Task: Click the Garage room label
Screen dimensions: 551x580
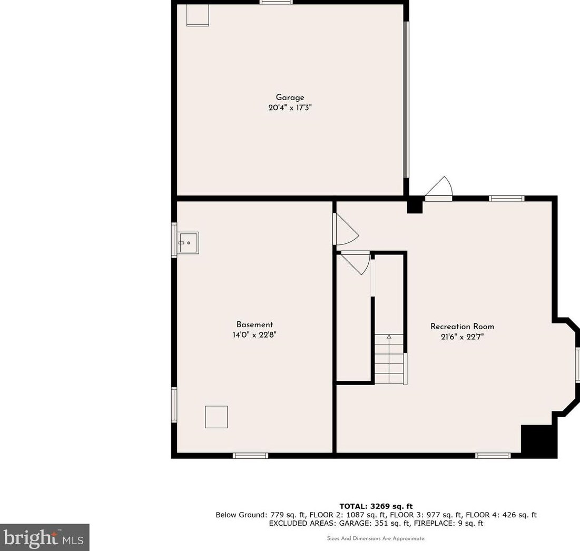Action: tap(290, 97)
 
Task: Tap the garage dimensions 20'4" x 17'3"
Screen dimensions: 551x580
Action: tap(290, 107)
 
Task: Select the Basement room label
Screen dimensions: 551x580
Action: tap(254, 325)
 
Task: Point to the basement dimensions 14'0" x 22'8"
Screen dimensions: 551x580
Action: tap(254, 335)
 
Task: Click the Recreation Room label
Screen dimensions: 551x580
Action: tap(462, 327)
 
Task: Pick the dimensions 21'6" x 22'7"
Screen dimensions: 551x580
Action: tap(462, 337)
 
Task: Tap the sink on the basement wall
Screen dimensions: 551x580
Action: tap(188, 243)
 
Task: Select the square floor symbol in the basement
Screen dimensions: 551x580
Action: tap(217, 417)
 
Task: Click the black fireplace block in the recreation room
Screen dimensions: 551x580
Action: tap(538, 440)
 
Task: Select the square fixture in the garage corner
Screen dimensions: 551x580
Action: tap(198, 15)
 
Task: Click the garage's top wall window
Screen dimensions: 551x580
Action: tap(276, 3)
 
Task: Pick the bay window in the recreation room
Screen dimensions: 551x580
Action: tap(577, 366)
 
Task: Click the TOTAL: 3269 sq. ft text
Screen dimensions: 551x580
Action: tap(376, 506)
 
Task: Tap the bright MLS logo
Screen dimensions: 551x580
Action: tap(44, 537)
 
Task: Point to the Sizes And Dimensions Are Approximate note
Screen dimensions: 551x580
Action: tap(376, 538)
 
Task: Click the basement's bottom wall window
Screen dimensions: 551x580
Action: tap(251, 456)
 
